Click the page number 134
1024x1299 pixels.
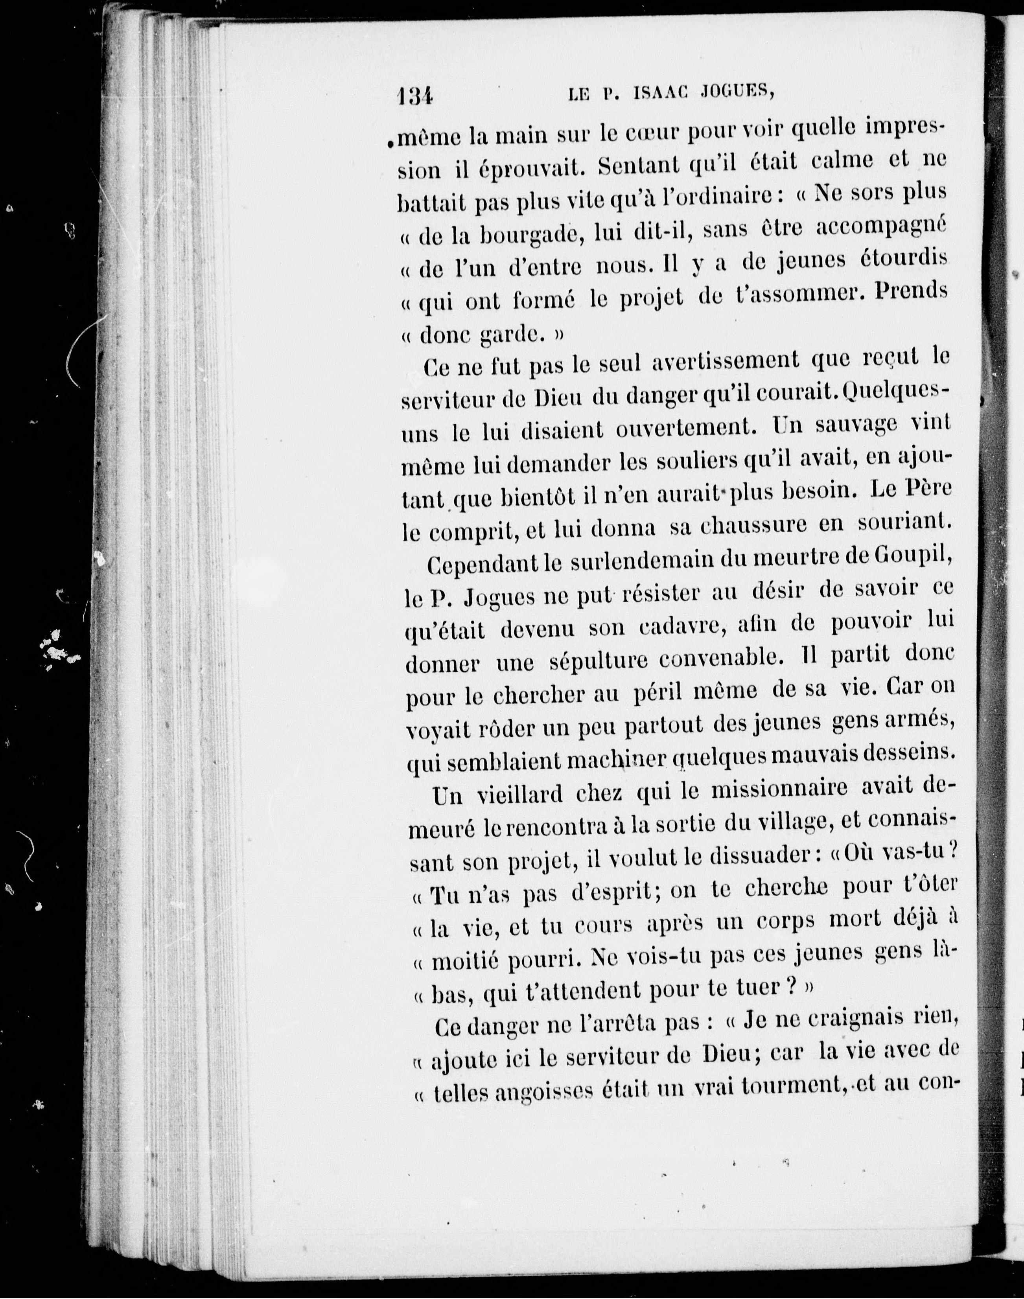[414, 95]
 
